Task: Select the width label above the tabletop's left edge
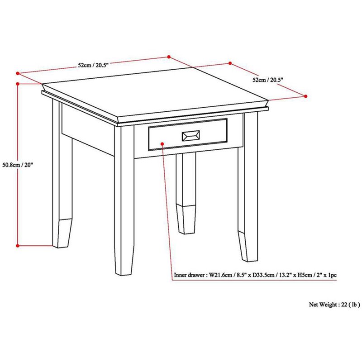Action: click(x=93, y=65)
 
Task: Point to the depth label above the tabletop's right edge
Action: click(x=268, y=80)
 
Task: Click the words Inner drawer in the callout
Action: click(x=189, y=275)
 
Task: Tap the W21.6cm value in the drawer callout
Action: click(x=220, y=275)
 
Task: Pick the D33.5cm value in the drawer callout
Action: click(x=265, y=275)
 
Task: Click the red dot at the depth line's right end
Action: click(x=305, y=96)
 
